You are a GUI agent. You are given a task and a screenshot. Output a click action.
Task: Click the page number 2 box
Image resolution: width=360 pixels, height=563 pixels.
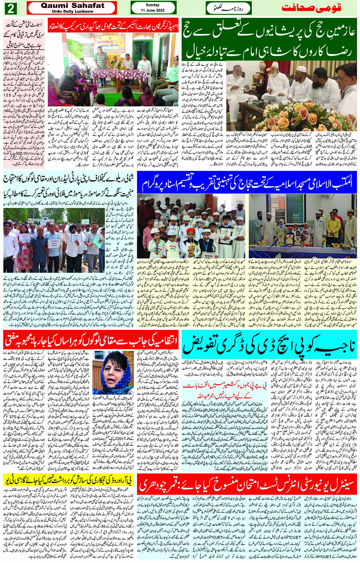(x=11, y=8)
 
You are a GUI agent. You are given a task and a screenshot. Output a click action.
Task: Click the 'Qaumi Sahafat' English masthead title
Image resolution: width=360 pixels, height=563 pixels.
(x=72, y=6)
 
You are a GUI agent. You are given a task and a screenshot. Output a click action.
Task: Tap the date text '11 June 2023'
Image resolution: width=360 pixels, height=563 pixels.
(x=148, y=10)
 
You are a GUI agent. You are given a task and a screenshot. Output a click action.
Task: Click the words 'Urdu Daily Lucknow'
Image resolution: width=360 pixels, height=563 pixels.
(x=72, y=11)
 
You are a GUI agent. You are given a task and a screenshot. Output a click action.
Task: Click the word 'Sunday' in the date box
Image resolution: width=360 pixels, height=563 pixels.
(x=148, y=5)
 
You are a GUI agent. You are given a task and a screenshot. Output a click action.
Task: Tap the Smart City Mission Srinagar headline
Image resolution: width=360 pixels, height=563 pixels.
(x=24, y=35)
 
